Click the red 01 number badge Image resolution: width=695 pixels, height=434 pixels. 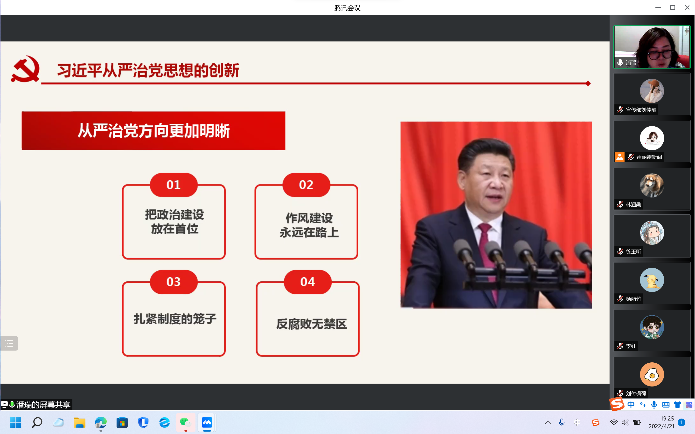174,185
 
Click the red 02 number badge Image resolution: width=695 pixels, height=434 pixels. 306,185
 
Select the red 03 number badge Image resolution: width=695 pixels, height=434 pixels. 174,282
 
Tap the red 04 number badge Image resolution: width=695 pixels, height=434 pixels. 308,282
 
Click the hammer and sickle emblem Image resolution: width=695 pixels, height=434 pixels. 25,69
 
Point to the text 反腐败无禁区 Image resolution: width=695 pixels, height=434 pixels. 312,324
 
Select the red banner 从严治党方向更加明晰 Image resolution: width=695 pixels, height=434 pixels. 153,131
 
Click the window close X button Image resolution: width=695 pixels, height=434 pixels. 687,7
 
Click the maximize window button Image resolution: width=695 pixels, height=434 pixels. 673,7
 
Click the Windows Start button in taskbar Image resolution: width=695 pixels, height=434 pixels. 15,422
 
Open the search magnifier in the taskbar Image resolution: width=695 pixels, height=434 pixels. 37,422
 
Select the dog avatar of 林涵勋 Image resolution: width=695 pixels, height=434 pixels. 652,185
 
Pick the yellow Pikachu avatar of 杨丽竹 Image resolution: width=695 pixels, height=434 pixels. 652,280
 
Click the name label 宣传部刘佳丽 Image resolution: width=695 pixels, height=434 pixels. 641,110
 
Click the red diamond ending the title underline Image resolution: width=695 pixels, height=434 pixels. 588,83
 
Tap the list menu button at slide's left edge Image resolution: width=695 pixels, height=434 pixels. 9,343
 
